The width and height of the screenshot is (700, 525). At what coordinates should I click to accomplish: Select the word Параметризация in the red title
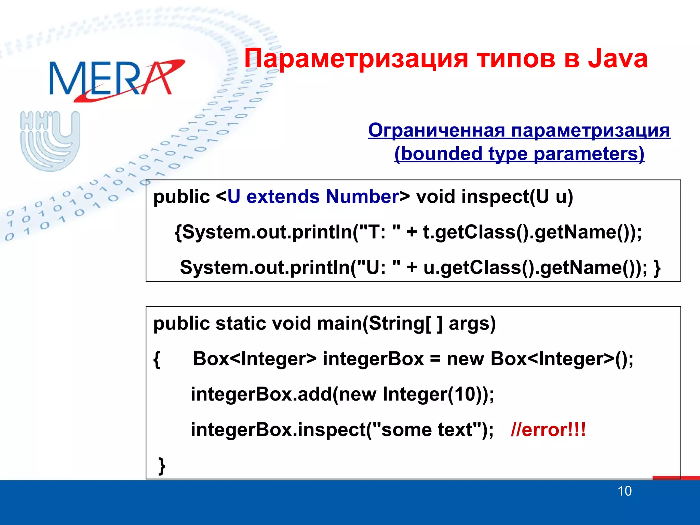pos(355,59)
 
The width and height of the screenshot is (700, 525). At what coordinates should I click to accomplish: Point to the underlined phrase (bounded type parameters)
pos(519,154)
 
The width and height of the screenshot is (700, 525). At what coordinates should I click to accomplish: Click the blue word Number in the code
pos(362,197)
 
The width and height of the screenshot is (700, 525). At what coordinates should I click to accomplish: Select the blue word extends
pos(283,197)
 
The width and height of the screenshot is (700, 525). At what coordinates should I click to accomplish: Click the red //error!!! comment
pos(548,430)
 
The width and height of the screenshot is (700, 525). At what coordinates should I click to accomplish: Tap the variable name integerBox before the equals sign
pos(373,359)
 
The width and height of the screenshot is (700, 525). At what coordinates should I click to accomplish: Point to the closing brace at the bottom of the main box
pos(162,465)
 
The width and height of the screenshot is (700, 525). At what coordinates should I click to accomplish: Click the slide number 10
pos(624,491)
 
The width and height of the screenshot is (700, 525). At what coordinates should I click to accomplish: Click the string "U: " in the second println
pos(379,268)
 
